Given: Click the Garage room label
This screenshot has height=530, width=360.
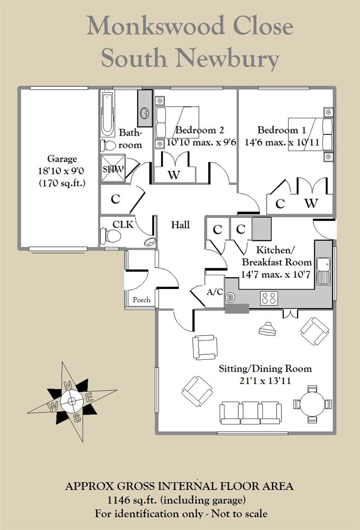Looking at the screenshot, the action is click(x=62, y=159).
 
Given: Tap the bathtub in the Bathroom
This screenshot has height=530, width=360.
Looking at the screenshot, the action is click(x=107, y=114).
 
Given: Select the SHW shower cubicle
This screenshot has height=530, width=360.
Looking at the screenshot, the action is click(x=113, y=168).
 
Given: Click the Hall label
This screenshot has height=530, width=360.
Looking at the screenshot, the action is click(x=180, y=225).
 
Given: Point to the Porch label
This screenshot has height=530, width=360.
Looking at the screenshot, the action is click(x=141, y=300).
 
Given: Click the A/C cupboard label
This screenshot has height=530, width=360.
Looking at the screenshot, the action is click(x=215, y=292).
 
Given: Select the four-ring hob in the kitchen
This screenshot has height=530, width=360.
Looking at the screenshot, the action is click(x=270, y=298).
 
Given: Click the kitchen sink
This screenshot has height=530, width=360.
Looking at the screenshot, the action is click(x=323, y=270).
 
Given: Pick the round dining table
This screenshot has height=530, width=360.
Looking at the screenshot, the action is click(x=312, y=404).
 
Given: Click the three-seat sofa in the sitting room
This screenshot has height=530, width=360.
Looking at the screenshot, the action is click(x=250, y=412).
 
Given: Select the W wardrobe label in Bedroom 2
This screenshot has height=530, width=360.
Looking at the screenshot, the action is click(x=173, y=174).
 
